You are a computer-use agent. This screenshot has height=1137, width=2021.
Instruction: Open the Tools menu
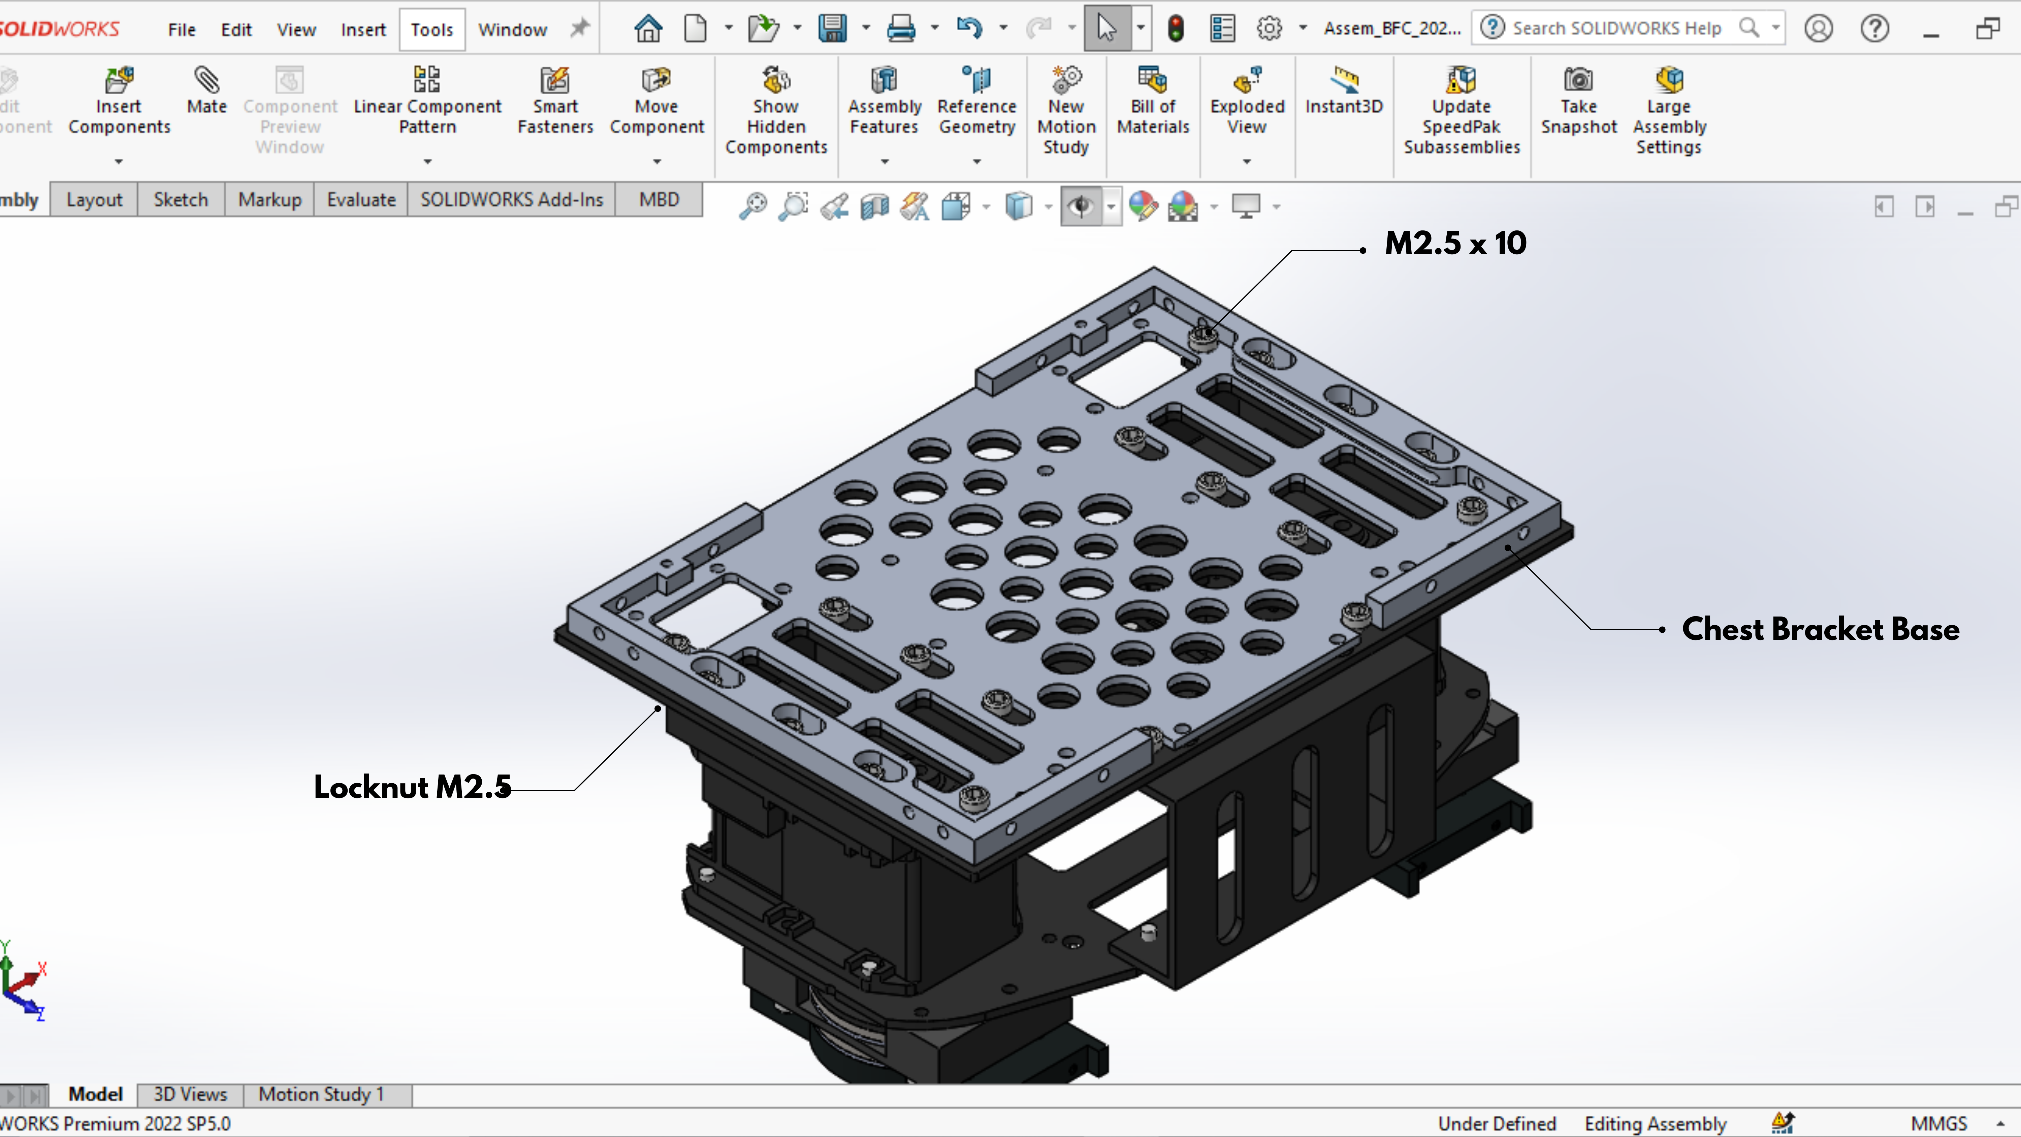(x=431, y=30)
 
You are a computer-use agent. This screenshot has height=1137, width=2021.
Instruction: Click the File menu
(x=181, y=30)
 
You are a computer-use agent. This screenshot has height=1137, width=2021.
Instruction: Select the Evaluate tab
(x=361, y=200)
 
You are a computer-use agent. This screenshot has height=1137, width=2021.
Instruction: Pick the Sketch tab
(x=181, y=200)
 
